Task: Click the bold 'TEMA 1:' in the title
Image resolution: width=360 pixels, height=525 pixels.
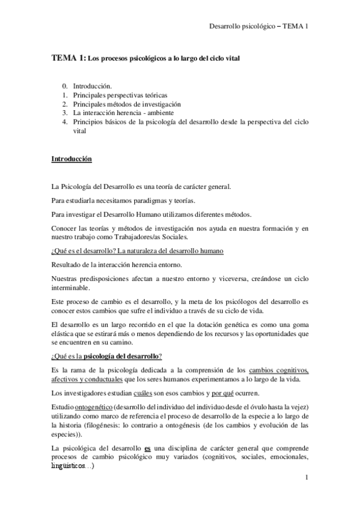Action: pyautogui.click(x=69, y=58)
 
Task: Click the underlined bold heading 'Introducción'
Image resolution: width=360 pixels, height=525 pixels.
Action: pyautogui.click(x=71, y=159)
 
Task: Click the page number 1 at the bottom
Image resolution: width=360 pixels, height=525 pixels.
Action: pyautogui.click(x=307, y=479)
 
